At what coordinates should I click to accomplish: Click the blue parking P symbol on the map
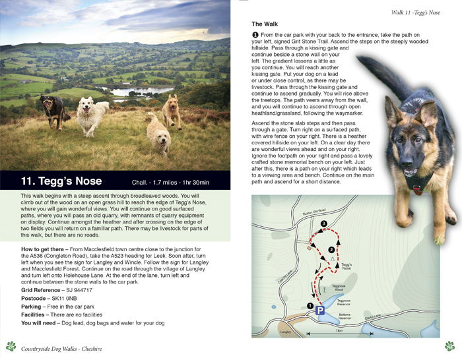[x=321, y=311]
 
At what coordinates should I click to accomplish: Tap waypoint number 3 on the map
[x=323, y=225]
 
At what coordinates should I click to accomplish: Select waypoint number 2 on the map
[x=331, y=249]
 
